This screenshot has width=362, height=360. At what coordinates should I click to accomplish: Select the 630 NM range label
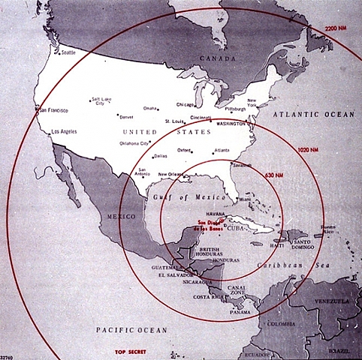pyautogui.click(x=273, y=175)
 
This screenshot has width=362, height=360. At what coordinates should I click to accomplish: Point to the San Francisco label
pyautogui.click(x=54, y=110)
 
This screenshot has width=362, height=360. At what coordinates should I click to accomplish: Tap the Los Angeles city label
pyautogui.click(x=63, y=132)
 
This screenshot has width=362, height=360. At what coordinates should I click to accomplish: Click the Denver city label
pyautogui.click(x=125, y=117)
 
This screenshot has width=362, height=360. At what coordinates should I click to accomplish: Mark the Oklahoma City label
pyautogui.click(x=134, y=143)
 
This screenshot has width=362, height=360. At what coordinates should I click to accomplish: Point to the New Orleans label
pyautogui.click(x=173, y=174)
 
